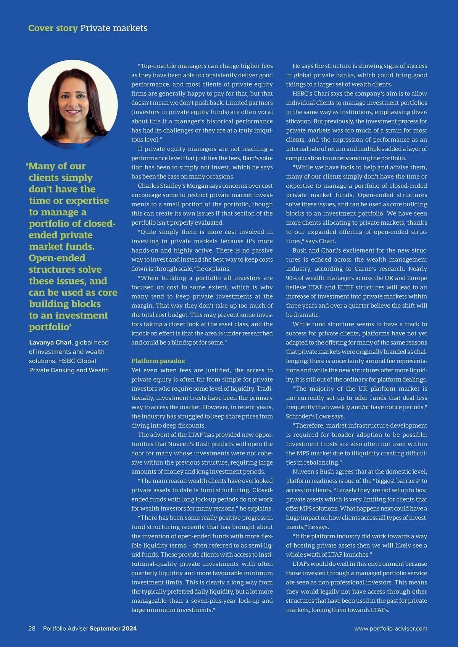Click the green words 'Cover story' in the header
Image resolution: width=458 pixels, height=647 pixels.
tap(53, 28)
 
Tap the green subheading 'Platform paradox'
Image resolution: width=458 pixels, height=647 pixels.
tap(158, 361)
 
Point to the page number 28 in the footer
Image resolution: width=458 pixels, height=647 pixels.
tap(32, 628)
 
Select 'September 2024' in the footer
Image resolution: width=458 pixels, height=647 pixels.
tap(113, 628)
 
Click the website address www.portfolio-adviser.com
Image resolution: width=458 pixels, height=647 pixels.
tap(390, 628)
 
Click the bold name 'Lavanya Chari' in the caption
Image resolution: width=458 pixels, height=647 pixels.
tap(50, 343)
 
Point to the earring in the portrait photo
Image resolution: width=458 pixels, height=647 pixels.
tap(90, 114)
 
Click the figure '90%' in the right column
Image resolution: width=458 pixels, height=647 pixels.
tap(292, 278)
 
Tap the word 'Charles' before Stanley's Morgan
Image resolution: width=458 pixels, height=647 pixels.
tap(149, 186)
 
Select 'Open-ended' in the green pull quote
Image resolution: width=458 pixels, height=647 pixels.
tap(57, 258)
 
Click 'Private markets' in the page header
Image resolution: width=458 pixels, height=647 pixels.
tap(114, 28)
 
